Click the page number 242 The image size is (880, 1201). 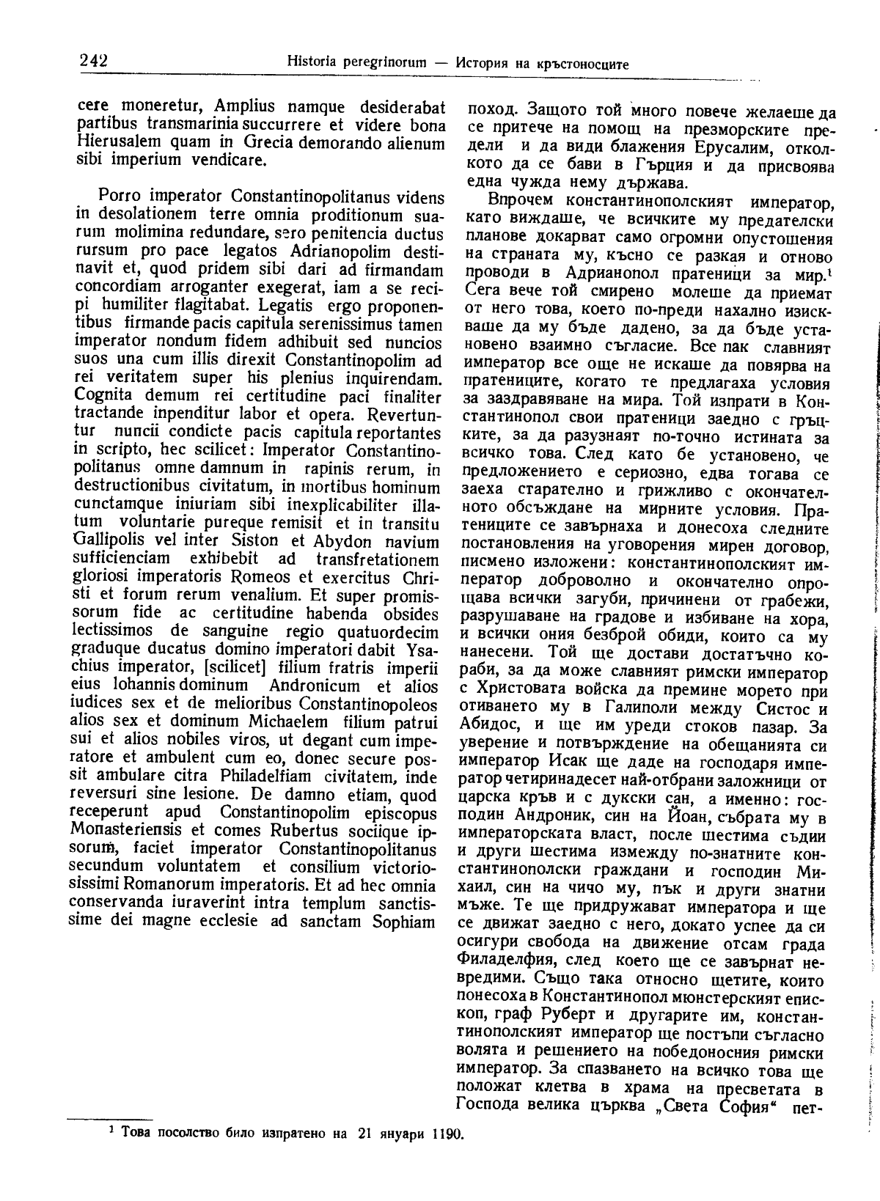coord(93,61)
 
